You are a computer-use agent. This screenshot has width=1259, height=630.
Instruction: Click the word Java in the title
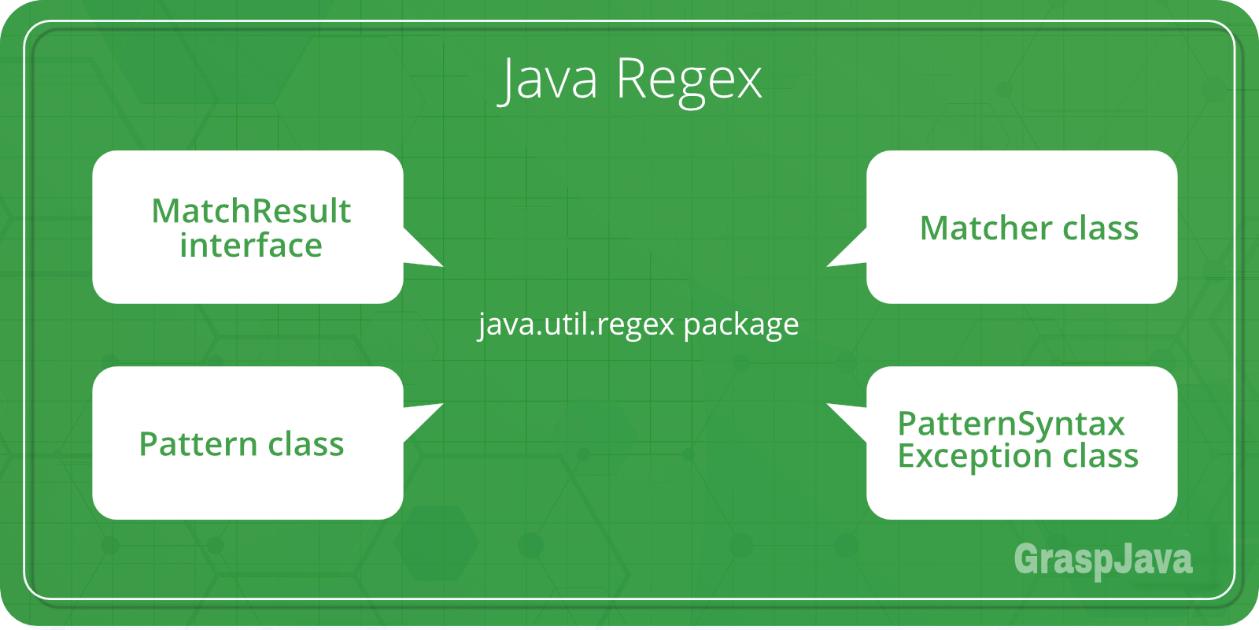point(549,79)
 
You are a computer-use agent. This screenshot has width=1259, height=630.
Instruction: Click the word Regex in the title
point(689,80)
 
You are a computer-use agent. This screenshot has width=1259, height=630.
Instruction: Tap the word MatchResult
point(251,211)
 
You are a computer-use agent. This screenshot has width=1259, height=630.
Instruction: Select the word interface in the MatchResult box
point(251,246)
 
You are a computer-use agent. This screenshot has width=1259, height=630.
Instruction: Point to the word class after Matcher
point(1101,228)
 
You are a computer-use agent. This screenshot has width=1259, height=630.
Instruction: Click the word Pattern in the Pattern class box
point(198,444)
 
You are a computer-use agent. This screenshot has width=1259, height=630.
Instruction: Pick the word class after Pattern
point(306,444)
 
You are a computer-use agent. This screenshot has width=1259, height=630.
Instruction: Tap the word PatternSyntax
point(1011,424)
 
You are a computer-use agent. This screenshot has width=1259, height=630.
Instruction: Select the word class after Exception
point(1101,456)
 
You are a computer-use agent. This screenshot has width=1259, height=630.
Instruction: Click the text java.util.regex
point(576,324)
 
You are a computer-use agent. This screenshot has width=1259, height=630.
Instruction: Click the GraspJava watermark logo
point(1102,560)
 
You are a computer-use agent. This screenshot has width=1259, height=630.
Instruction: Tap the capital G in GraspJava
point(1026,560)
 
